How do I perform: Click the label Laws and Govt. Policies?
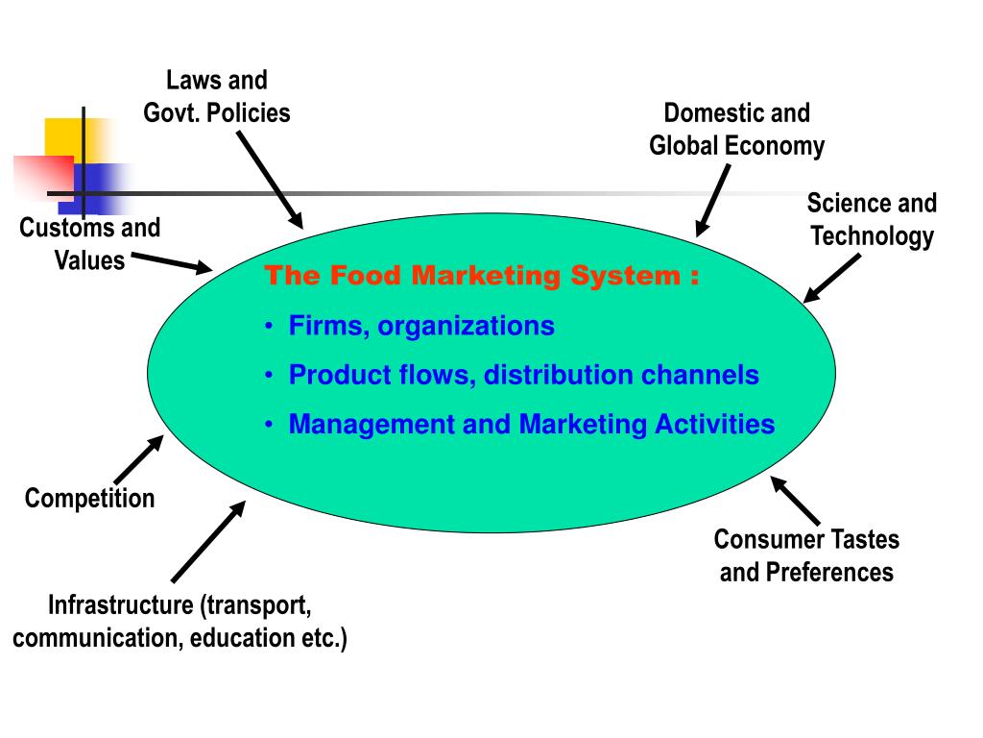point(217,97)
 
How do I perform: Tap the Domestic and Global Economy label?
point(736,130)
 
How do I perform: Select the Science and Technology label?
point(872,220)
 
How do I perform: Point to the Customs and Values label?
point(89,244)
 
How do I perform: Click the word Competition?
point(89,499)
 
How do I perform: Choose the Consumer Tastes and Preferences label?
point(806,556)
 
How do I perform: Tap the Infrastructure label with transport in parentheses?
point(180,622)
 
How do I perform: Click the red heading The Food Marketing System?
point(481,277)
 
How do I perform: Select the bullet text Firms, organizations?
point(421,327)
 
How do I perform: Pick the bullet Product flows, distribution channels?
point(523,376)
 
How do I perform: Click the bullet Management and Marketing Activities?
point(531,425)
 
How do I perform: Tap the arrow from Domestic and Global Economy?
point(714,200)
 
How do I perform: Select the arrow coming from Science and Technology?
point(831,279)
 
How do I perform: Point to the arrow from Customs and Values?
point(172,262)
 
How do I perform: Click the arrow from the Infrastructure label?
point(208,541)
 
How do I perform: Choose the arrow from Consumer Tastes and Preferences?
point(796,501)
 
